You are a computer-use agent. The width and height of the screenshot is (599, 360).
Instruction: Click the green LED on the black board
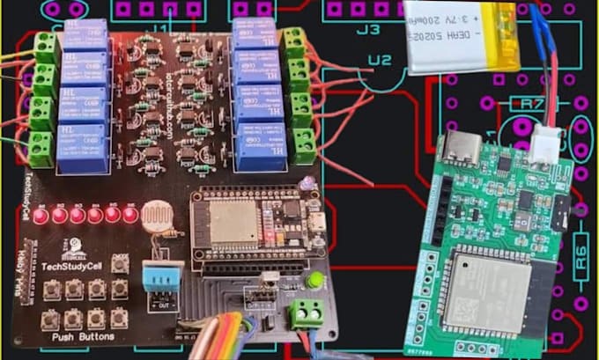tap(313, 281)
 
